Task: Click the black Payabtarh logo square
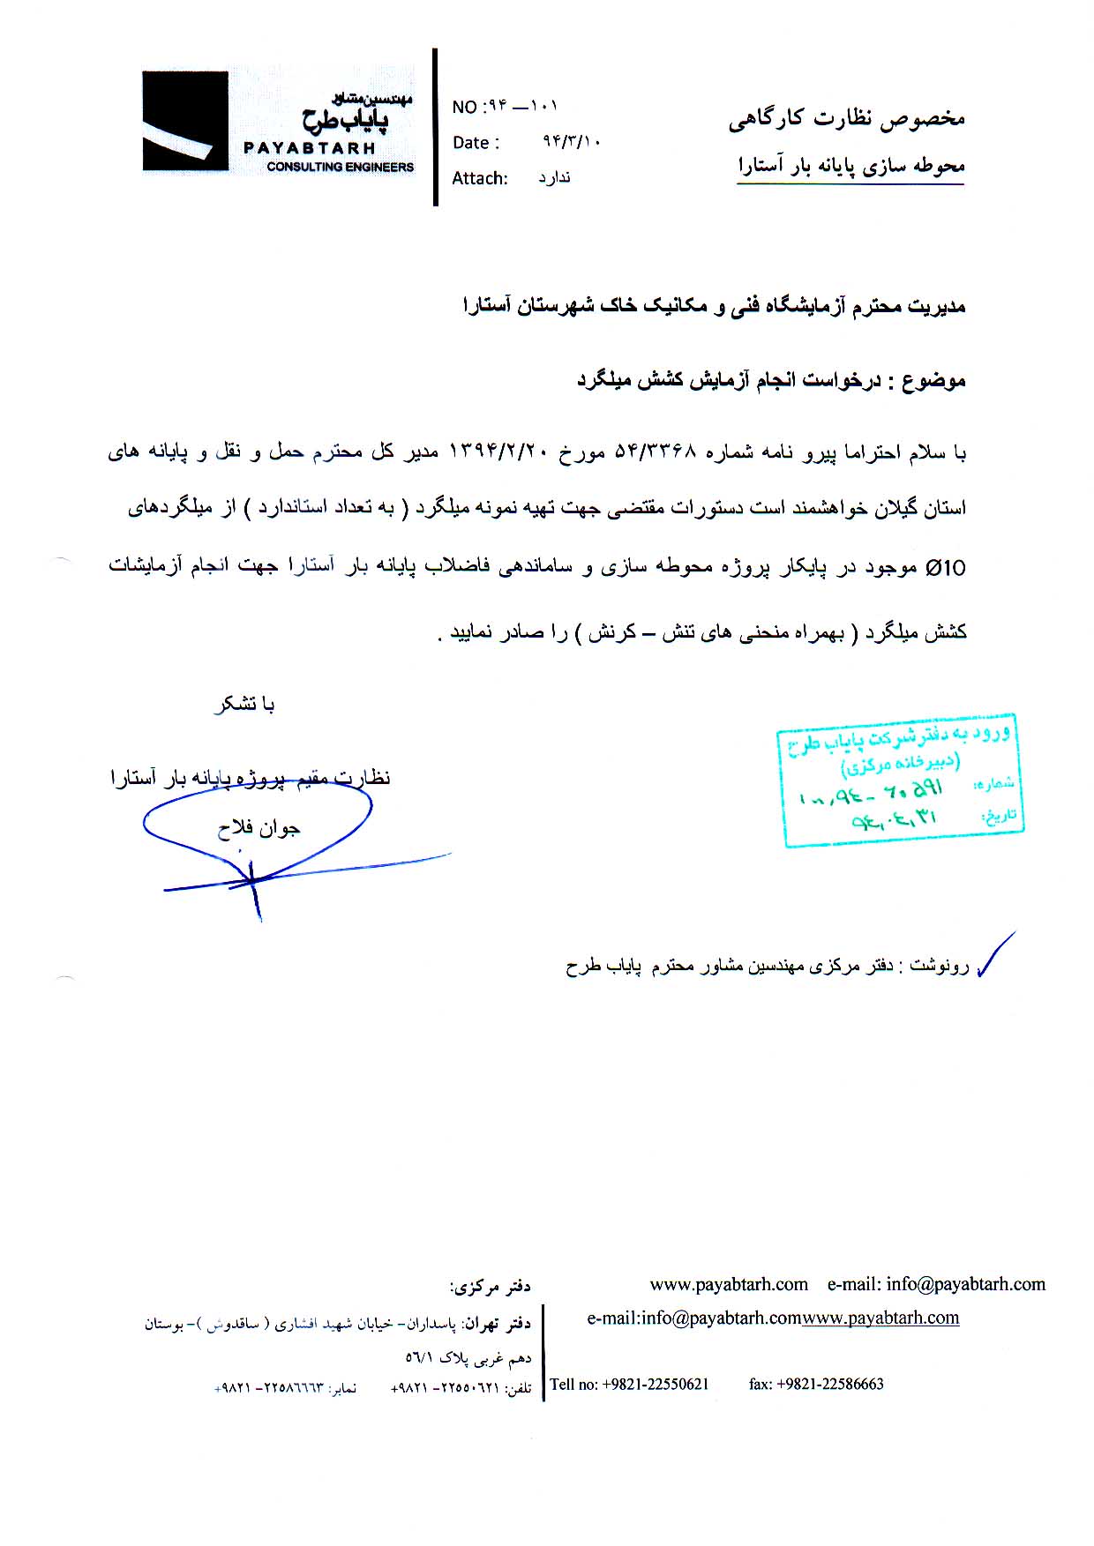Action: coord(185,121)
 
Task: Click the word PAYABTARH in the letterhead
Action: coord(309,148)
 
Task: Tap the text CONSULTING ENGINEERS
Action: coord(340,167)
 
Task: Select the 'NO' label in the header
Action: coord(463,108)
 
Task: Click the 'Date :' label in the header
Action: coord(476,143)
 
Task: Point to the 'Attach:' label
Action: coord(479,178)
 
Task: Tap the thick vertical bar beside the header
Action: coord(435,127)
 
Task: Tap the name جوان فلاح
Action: coord(259,828)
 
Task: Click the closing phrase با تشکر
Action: coord(244,704)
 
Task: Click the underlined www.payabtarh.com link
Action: coord(880,1318)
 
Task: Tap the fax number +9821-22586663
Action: coord(816,1384)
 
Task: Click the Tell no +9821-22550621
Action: coord(629,1384)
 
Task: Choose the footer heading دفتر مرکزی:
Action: coord(490,1288)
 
